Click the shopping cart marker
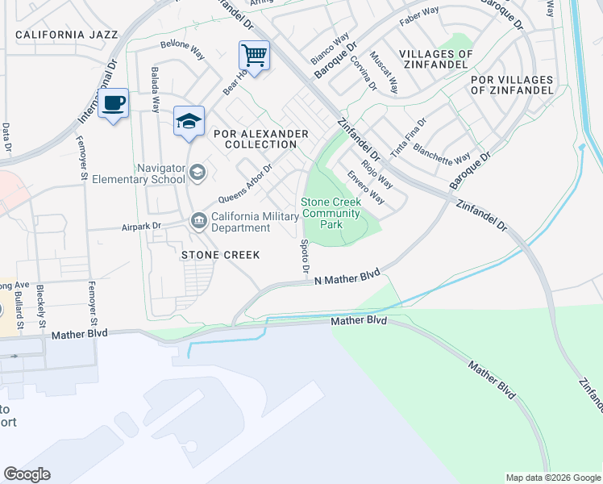tap(254, 57)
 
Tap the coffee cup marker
tap(114, 105)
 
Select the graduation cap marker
tap(189, 122)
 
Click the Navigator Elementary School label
tap(139, 173)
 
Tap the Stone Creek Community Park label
tap(331, 214)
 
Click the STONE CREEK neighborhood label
tap(220, 255)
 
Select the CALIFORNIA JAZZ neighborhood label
tap(66, 35)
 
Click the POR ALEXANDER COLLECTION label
tap(260, 139)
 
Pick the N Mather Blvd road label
tap(347, 277)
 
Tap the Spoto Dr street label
tap(305, 257)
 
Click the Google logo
tap(27, 474)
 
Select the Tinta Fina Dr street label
tap(408, 137)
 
